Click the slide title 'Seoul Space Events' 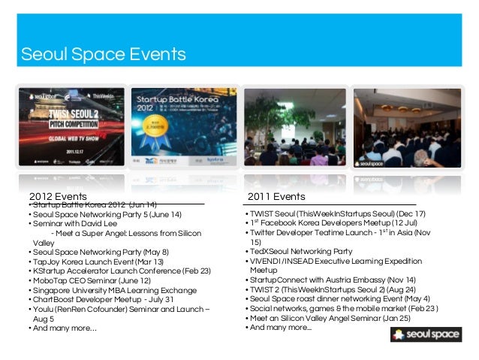[104, 55]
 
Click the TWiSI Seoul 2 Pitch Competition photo [73, 132]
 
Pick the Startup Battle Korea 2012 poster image [183, 132]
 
